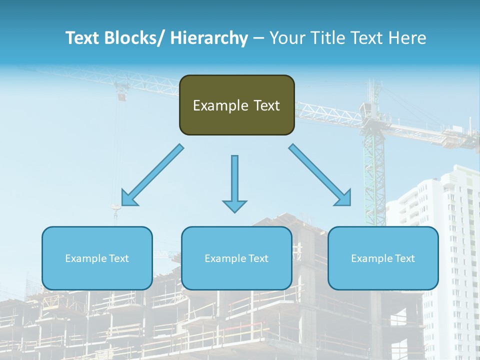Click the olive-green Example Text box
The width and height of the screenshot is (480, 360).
236,105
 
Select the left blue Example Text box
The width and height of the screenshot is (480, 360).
97,258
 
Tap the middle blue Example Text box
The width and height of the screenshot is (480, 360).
236,258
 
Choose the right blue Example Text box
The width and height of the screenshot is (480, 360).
383,258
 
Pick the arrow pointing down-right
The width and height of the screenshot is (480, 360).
320,175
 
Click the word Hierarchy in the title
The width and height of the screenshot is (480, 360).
209,38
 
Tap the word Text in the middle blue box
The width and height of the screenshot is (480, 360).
258,258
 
